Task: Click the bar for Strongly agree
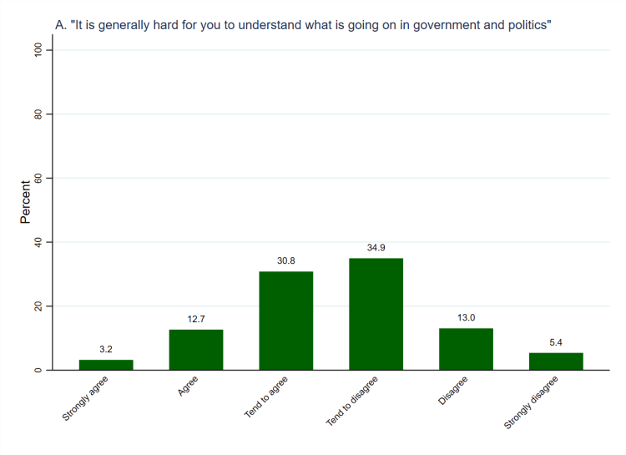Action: coord(106,365)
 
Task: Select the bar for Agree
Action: coord(196,350)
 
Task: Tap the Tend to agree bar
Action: coord(286,321)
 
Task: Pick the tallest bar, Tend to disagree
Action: coord(376,314)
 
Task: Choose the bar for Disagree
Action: coord(466,349)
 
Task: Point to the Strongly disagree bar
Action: coord(556,361)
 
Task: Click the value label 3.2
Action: coord(106,349)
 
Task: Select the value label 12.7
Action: coord(196,319)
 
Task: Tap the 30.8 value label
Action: coord(286,260)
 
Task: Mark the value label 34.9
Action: coord(376,248)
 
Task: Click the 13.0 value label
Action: coord(466,318)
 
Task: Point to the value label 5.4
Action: coord(556,342)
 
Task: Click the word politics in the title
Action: coord(526,26)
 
